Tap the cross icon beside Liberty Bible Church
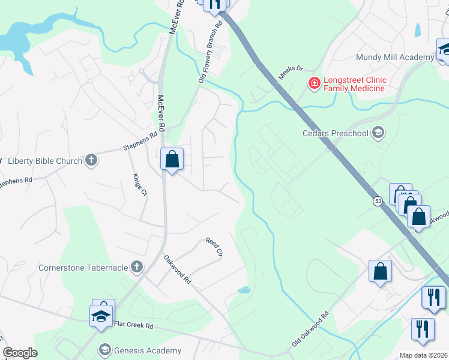pos(91,160)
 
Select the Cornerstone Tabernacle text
pos(83,267)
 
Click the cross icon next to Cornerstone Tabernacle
pos(137,266)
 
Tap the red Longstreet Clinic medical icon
pos(314,83)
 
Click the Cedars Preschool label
pos(339,133)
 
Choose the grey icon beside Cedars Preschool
pos(378,132)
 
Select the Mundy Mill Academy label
pos(394,57)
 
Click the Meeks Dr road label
pos(291,74)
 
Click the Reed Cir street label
pos(214,247)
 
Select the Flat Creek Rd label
pos(133,326)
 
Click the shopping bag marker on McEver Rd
pos(172,160)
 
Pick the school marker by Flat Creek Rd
pos(101,316)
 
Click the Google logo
pos(20,353)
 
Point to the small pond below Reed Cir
pos(244,290)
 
